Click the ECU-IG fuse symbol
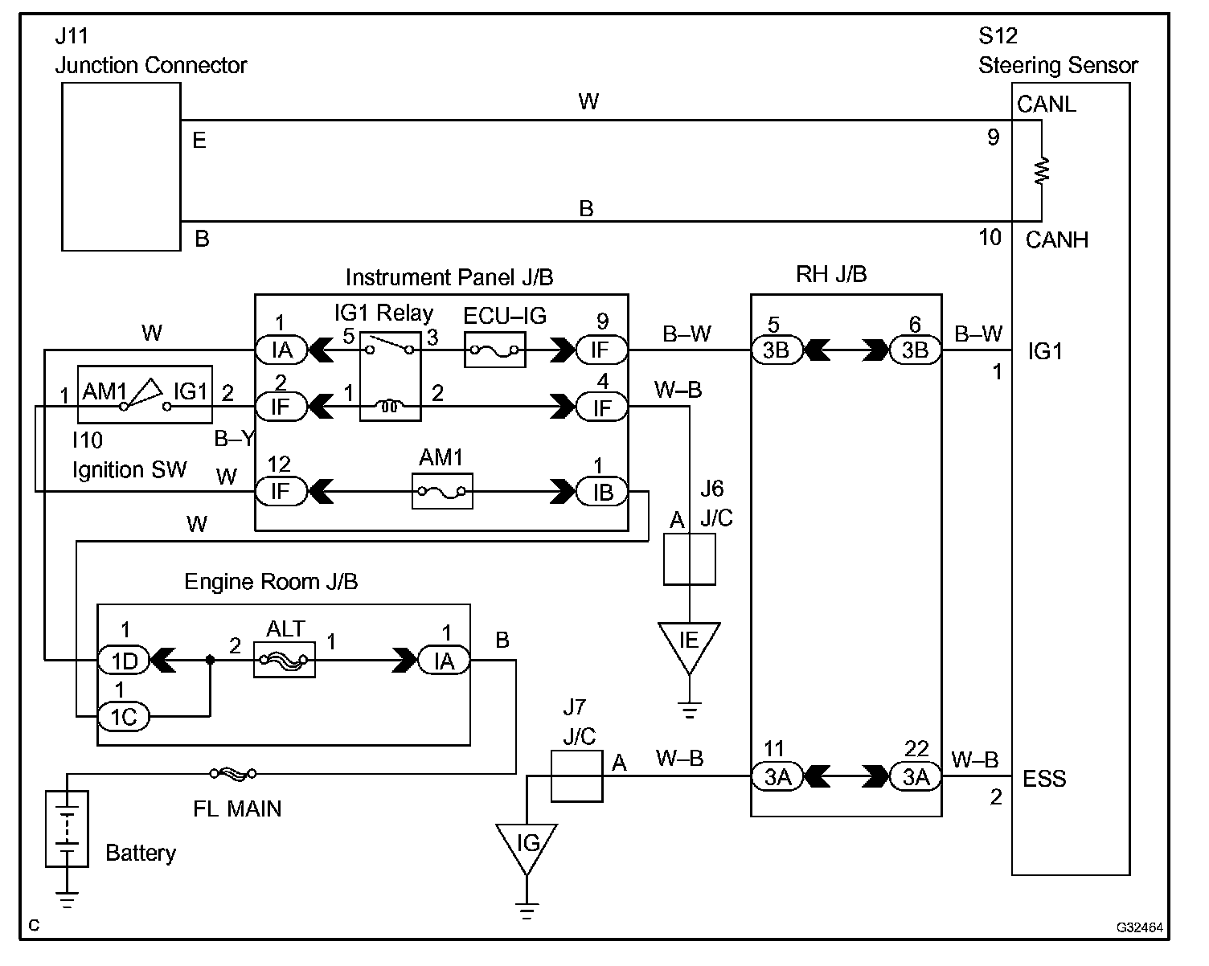pyautogui.click(x=495, y=350)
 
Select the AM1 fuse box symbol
pyautogui.click(x=442, y=491)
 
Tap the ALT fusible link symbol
pyautogui.click(x=285, y=660)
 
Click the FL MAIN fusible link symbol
pyautogui.click(x=233, y=773)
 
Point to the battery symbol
pyautogui.click(x=67, y=829)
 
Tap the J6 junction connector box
pyautogui.click(x=690, y=559)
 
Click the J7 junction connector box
pyautogui.click(x=577, y=776)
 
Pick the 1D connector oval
pyautogui.click(x=124, y=661)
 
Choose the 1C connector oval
pyautogui.click(x=124, y=717)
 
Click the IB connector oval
pyautogui.click(x=602, y=492)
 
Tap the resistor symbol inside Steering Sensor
pyautogui.click(x=1042, y=170)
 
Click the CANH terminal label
pyautogui.click(x=1057, y=239)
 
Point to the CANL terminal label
pyautogui.click(x=1047, y=104)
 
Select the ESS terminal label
pyautogui.click(x=1044, y=779)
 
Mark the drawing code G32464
pyautogui.click(x=1139, y=927)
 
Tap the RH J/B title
pyautogui.click(x=831, y=274)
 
